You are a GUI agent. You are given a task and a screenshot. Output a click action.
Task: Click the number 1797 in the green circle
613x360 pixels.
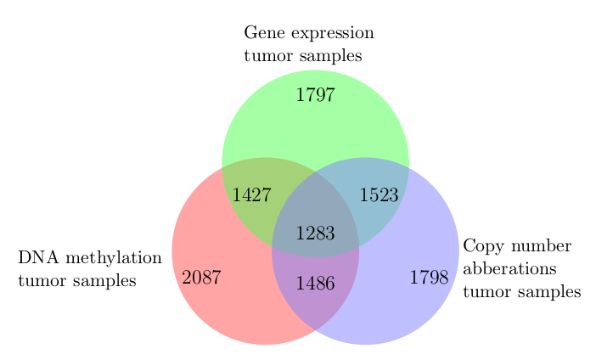[x=316, y=95]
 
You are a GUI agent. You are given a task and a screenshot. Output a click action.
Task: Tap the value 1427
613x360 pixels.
[x=252, y=194]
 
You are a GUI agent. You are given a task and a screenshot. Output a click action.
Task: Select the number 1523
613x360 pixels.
[x=379, y=194]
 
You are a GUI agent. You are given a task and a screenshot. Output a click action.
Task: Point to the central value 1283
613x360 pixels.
[x=316, y=233]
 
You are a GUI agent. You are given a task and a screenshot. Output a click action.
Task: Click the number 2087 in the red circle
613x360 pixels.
[x=202, y=278]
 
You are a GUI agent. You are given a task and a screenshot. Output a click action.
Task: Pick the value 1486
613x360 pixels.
[x=316, y=284]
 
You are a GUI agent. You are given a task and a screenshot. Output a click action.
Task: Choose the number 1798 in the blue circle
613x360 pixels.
[x=429, y=278]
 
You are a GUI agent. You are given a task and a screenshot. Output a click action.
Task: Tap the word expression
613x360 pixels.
[x=333, y=34]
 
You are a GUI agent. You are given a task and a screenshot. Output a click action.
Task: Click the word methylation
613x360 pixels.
[x=114, y=258]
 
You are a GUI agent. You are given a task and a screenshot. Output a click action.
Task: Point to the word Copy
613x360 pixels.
[x=483, y=247]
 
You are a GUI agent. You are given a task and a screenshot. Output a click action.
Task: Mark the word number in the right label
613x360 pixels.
[x=541, y=246]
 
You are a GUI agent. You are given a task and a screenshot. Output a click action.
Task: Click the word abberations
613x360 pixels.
[x=509, y=269]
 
